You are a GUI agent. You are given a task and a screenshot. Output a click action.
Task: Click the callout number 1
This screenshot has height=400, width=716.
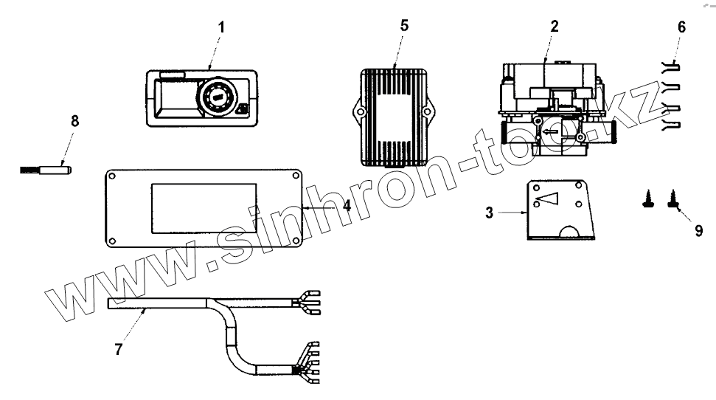tap(222, 27)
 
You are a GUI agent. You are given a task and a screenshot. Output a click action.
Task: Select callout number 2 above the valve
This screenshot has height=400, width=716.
tap(555, 26)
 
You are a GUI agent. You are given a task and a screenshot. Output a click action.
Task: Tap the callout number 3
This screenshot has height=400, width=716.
tap(490, 213)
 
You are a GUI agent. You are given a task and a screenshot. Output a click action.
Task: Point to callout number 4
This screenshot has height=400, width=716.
tap(346, 206)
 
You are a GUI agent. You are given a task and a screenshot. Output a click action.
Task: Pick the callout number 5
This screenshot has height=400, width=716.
tap(403, 24)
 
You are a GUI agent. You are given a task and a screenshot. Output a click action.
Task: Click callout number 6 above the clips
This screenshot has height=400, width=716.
tap(681, 27)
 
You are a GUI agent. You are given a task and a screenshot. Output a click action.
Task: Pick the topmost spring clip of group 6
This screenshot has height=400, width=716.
tap(671, 67)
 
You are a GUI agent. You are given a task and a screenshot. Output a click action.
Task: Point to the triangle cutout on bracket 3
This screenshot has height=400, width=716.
tap(548, 197)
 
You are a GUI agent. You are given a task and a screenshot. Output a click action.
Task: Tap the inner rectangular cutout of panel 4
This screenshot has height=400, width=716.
tap(204, 209)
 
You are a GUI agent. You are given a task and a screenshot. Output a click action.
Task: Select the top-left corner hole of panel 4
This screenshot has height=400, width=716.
tap(113, 177)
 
